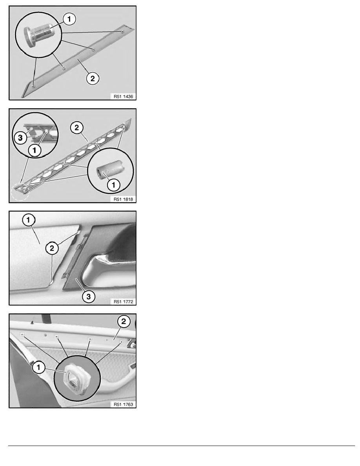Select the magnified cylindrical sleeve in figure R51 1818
(x=107, y=171)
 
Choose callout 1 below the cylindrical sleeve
(x=112, y=186)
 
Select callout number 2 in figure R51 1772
(x=51, y=248)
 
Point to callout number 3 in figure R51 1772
(x=88, y=297)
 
